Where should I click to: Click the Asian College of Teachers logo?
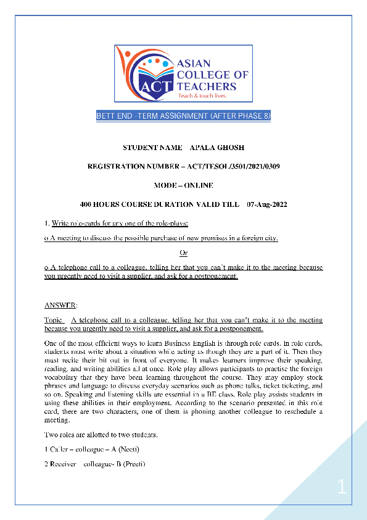coord(183,74)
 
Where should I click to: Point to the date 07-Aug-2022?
coord(266,204)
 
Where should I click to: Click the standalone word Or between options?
coord(183,253)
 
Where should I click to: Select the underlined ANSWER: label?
coord(61,306)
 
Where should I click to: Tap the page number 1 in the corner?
coord(342,489)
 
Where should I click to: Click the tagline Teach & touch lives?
coord(202,96)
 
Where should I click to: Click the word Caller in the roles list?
coord(59,450)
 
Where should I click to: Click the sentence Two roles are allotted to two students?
coord(101,435)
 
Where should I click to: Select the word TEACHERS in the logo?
coord(207,86)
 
